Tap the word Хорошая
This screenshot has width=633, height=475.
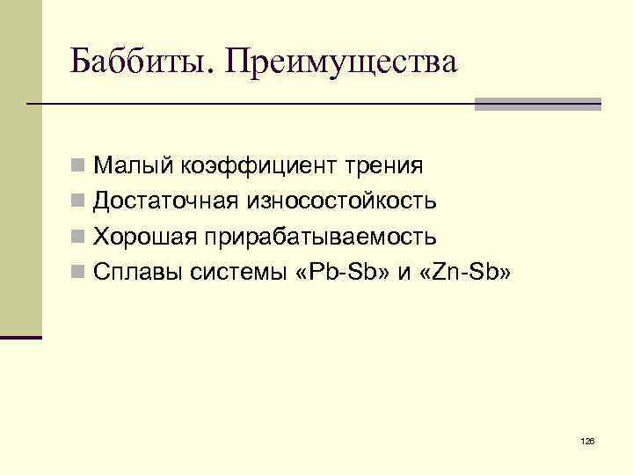coord(144,237)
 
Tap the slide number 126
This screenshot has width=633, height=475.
coord(588,439)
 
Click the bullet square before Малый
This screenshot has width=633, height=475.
coord(79,165)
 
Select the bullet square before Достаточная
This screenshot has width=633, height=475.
coord(79,201)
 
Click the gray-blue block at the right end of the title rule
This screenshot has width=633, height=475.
coord(537,104)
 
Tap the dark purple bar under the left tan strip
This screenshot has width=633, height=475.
coord(21,337)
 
